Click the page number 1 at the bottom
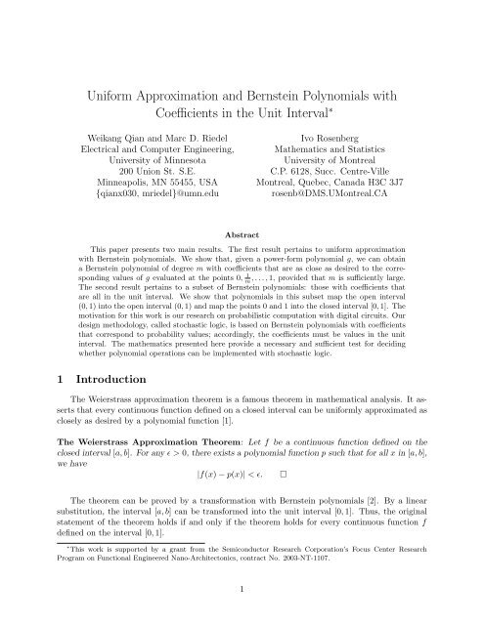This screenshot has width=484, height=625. coord(242,604)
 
